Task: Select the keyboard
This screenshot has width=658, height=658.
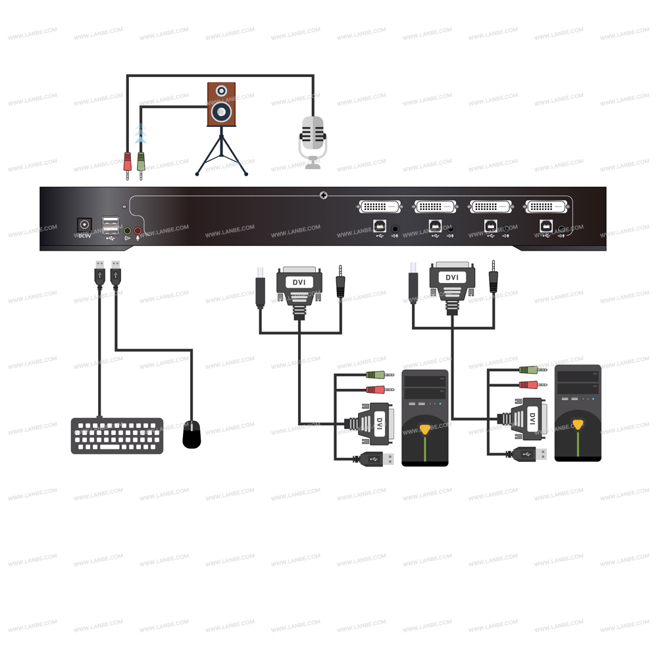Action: coord(117,436)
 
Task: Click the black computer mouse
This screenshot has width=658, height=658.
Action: coord(191,435)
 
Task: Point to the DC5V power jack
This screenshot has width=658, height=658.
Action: coord(84,225)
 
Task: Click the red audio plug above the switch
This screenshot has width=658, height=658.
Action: coord(128,162)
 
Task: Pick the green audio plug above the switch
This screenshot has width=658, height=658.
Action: coord(141,162)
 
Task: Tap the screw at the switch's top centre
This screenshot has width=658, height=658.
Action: coord(323,195)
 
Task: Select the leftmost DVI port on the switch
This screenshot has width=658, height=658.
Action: coord(380,207)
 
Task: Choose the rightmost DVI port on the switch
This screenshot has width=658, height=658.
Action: coord(545,207)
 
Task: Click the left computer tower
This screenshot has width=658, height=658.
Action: coord(425,418)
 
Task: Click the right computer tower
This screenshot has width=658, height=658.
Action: coord(578,413)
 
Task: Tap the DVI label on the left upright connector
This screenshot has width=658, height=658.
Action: coord(299,282)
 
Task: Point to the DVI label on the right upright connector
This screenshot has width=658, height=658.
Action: coord(452,277)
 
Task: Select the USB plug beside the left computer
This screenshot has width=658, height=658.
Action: coord(376,459)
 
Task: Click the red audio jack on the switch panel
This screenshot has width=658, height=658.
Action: coord(138,231)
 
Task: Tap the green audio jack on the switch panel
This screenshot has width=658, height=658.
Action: coord(128,231)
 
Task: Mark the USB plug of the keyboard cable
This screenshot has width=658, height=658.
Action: coord(99,274)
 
